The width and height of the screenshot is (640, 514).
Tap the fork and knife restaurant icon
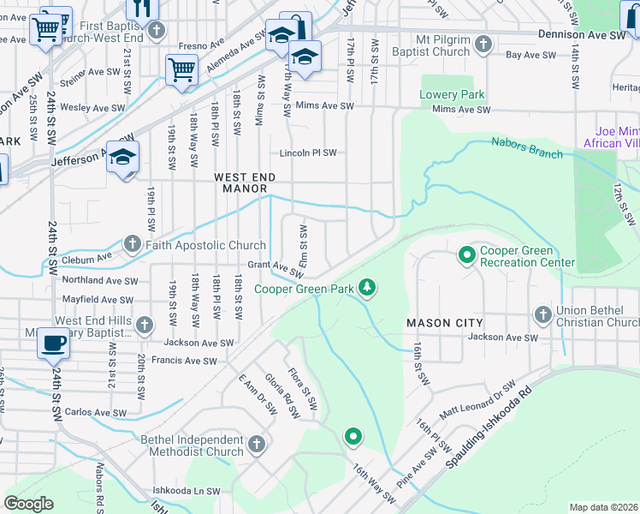click(x=142, y=9)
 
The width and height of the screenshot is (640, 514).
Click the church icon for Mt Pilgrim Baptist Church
click(x=483, y=43)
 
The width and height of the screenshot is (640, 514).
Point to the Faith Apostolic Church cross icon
click(x=133, y=245)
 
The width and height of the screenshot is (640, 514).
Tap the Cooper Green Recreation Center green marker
click(x=467, y=254)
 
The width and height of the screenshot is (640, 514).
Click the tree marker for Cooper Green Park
click(x=367, y=287)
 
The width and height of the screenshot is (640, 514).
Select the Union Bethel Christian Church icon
click(x=542, y=314)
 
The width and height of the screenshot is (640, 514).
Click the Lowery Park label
click(x=453, y=94)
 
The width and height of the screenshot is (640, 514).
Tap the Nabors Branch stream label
click(x=527, y=147)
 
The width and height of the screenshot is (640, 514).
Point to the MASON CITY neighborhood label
click(x=444, y=322)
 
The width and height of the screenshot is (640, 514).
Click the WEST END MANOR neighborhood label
click(x=245, y=182)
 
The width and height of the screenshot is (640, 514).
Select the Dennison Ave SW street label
click(x=582, y=34)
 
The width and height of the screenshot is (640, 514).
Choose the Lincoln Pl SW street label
click(x=308, y=153)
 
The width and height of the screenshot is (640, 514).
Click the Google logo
click(x=28, y=503)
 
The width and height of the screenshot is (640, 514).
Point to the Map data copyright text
click(x=603, y=507)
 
